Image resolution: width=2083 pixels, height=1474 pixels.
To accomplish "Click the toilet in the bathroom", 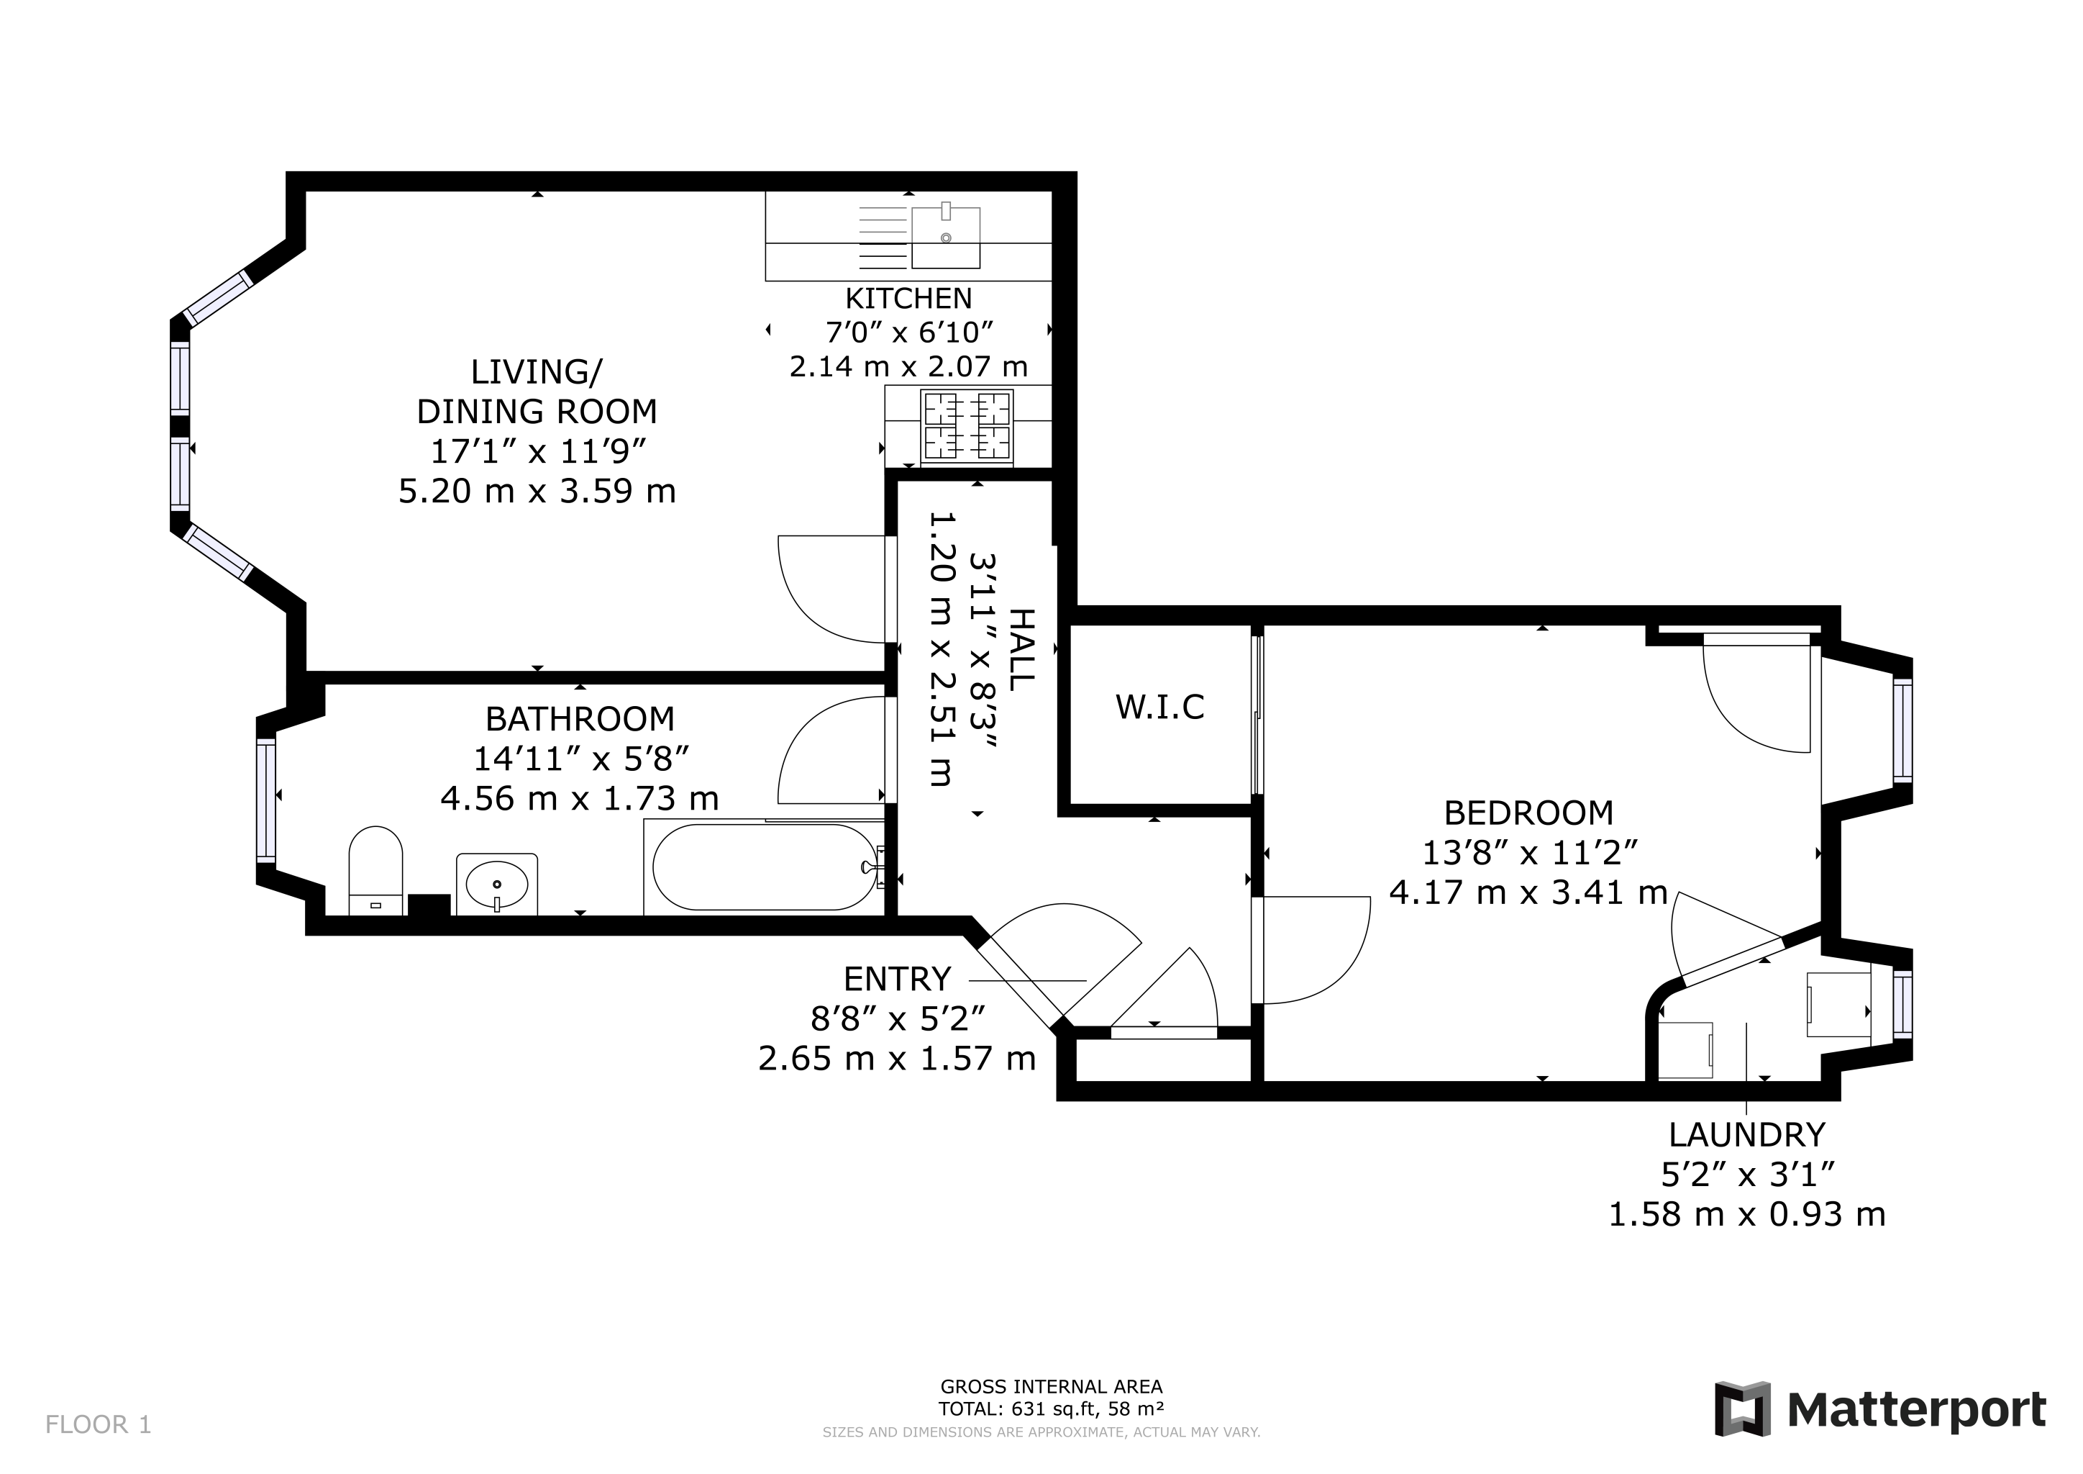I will [x=375, y=869].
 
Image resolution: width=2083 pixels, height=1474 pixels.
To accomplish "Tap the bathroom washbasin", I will [x=496, y=883].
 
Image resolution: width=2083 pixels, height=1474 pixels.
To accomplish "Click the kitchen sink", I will [x=945, y=237].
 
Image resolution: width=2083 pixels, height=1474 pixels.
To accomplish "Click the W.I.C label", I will [x=1159, y=707].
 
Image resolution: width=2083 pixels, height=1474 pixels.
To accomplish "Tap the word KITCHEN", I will [x=908, y=299].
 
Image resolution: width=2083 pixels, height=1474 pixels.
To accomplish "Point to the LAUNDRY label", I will [x=1746, y=1134].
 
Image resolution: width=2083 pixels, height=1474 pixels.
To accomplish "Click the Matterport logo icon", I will [x=1742, y=1409].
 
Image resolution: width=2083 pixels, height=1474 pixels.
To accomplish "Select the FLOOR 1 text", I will [x=98, y=1424].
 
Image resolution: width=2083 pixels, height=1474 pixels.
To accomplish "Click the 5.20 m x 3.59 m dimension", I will [x=537, y=491].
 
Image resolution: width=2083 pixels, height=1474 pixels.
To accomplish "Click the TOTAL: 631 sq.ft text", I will [x=1051, y=1409].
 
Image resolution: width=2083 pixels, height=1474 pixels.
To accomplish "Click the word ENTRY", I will [x=897, y=980].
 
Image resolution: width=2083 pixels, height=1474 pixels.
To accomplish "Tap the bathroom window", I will [x=266, y=800].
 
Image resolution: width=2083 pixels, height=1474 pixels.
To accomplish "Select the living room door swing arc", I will [x=821, y=590].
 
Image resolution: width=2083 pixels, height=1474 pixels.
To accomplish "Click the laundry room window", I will [x=1902, y=1005].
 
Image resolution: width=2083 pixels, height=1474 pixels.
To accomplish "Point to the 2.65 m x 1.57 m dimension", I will [x=896, y=1058].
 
